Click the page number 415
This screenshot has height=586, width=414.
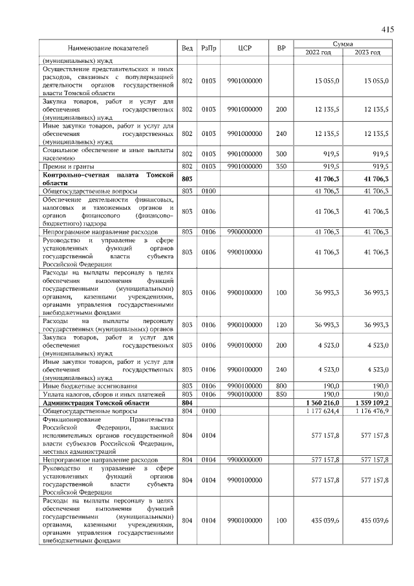pos(387,30)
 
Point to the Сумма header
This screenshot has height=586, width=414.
pos(342,43)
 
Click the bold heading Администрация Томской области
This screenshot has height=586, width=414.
pos(95,403)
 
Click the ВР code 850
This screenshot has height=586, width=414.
pos(281,394)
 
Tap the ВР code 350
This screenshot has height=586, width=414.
pos(281,166)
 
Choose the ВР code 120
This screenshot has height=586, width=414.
pos(281,324)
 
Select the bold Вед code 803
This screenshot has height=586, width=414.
pos(188,179)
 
